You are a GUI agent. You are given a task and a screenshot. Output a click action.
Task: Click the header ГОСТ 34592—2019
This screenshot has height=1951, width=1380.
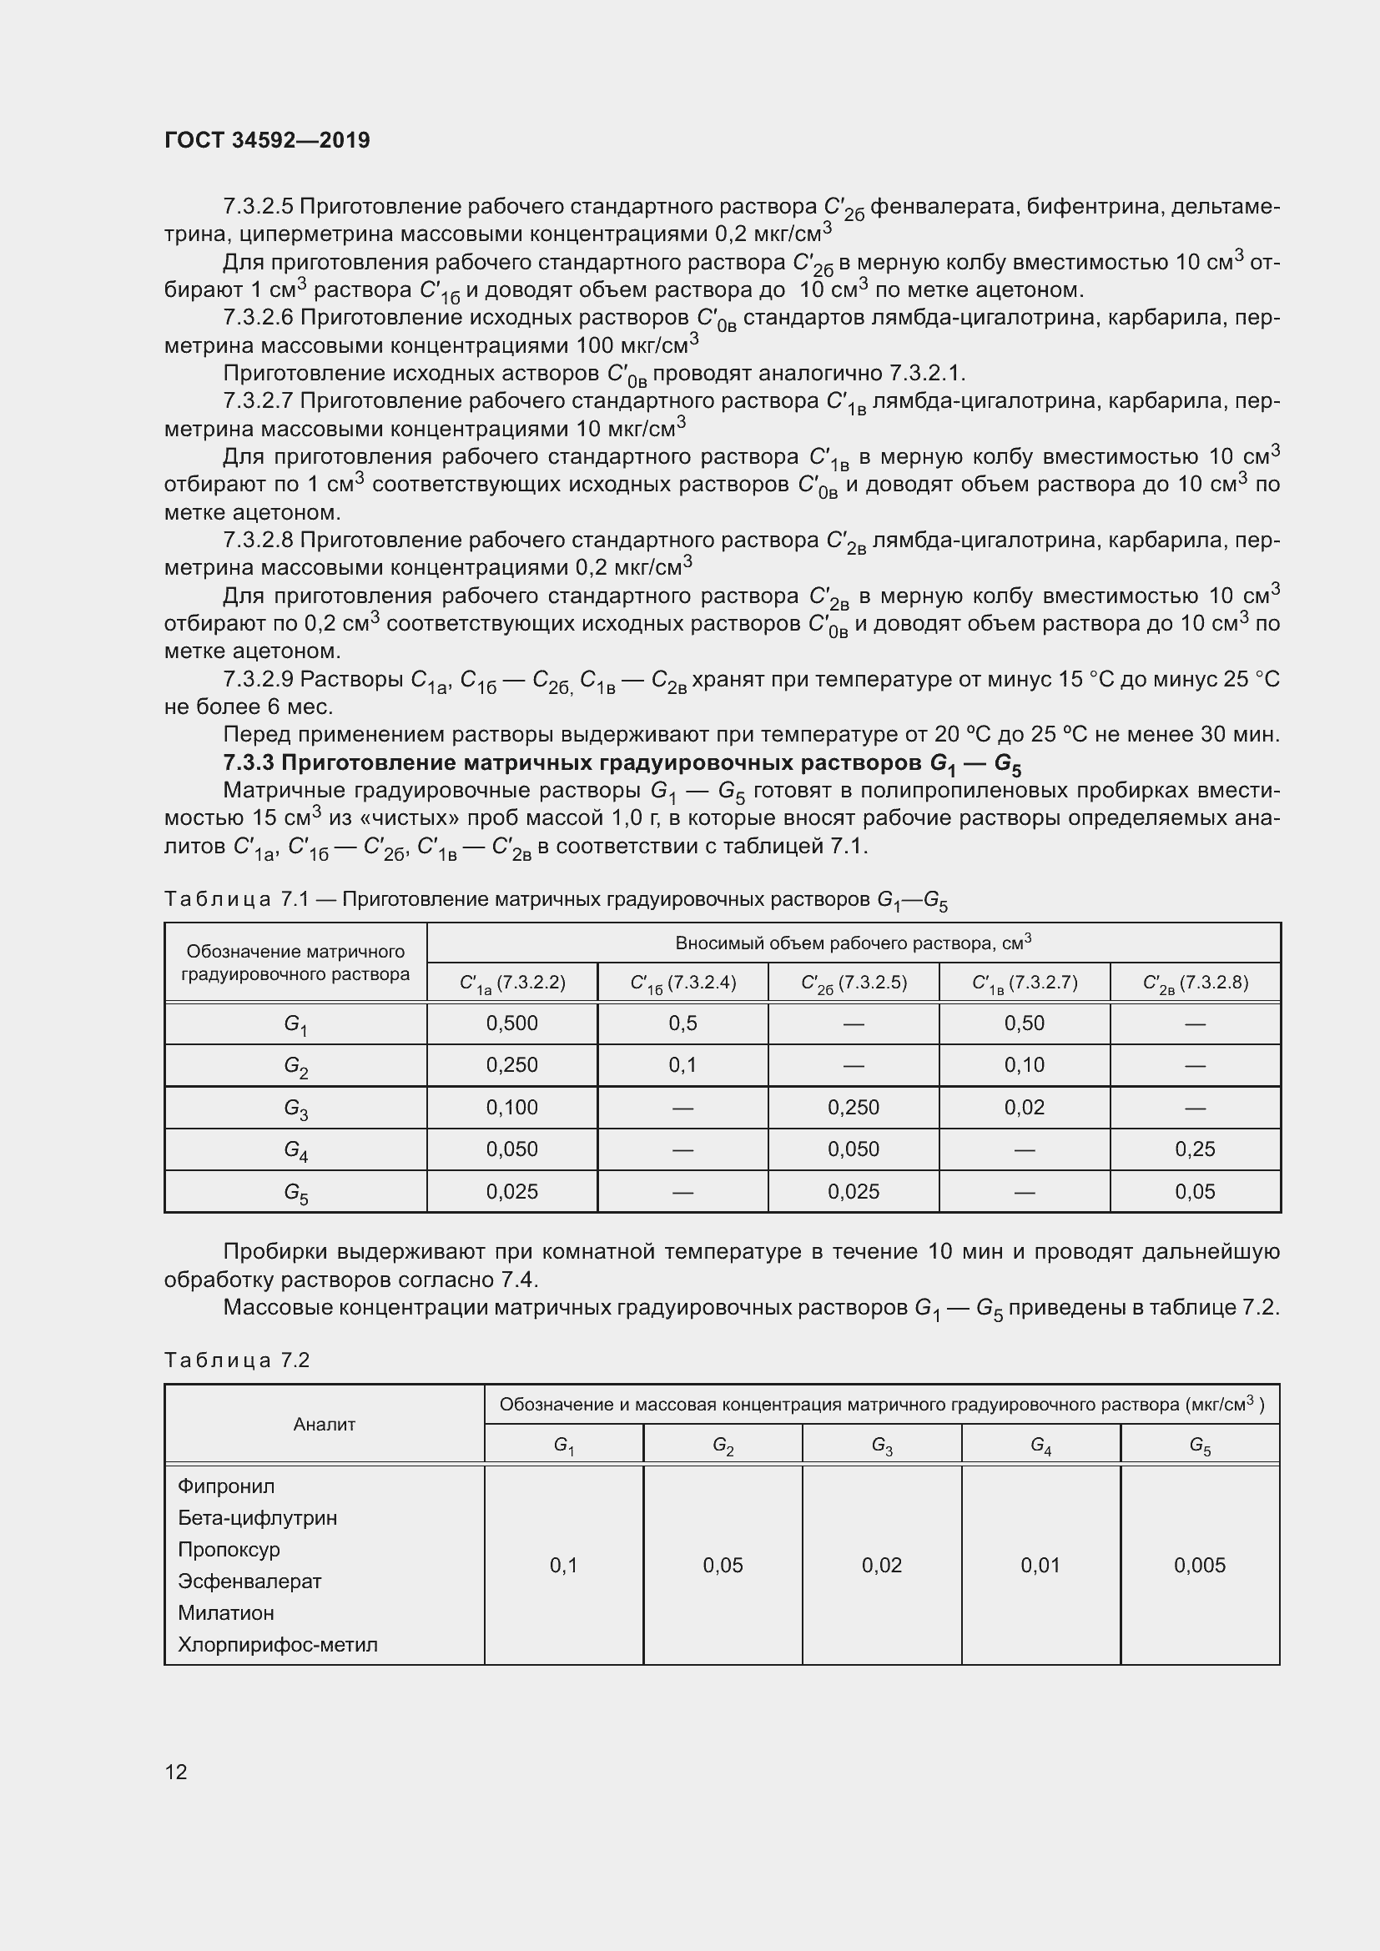tap(267, 140)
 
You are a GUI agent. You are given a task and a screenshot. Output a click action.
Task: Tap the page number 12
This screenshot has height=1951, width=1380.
tap(176, 1772)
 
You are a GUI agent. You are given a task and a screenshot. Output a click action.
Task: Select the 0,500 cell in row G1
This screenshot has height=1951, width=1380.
tap(511, 1023)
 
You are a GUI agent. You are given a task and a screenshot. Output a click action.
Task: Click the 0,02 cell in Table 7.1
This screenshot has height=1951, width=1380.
tap(1024, 1107)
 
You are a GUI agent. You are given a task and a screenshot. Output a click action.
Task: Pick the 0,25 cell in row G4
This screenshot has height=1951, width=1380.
tap(1195, 1149)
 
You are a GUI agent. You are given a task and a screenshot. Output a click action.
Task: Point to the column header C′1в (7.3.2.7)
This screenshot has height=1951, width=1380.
tap(1024, 983)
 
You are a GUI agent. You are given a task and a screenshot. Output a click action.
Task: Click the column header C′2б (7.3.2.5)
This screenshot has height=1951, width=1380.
tap(854, 983)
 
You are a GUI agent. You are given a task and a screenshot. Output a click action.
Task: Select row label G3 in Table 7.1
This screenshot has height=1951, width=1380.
tap(295, 1108)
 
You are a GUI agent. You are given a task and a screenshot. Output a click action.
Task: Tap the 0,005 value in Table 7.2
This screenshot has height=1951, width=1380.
tap(1199, 1565)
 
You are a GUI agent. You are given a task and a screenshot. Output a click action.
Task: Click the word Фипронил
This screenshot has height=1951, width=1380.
tap(226, 1486)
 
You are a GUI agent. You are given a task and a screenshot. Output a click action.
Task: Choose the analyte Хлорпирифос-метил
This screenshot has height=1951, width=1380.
tap(277, 1644)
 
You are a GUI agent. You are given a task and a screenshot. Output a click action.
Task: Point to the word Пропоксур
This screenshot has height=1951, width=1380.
tap(229, 1549)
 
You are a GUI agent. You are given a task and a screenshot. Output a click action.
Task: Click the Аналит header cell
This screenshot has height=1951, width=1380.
tap(324, 1424)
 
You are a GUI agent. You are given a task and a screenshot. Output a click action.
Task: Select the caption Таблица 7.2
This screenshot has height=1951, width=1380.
tap(237, 1360)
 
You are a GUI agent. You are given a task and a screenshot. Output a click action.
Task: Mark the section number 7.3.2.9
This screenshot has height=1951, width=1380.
tap(258, 680)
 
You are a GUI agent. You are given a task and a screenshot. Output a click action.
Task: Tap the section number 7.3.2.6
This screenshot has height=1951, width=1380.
tap(258, 318)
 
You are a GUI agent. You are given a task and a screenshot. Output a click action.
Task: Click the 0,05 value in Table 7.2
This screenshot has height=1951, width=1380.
tap(723, 1565)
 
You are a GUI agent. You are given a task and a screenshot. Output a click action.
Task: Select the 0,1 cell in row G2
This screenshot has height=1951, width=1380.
tap(682, 1064)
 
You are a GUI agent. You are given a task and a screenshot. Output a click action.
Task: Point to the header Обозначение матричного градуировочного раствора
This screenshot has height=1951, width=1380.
tap(295, 963)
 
